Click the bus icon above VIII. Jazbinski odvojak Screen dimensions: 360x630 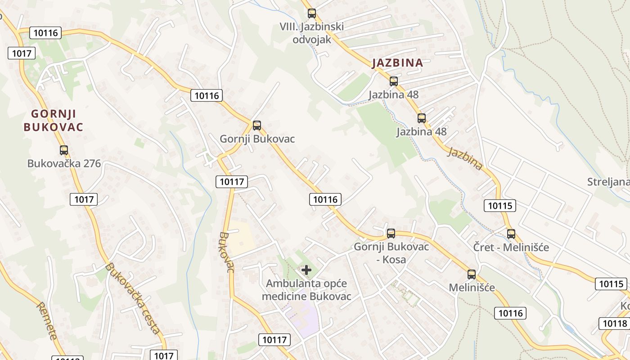pyautogui.click(x=311, y=13)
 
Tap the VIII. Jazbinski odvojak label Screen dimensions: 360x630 pyautogui.click(x=311, y=33)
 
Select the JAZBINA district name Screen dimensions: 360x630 pyautogui.click(x=398, y=63)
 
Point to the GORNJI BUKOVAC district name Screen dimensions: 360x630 pyautogui.click(x=53, y=120)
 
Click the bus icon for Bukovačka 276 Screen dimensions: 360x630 pyautogui.click(x=64, y=150)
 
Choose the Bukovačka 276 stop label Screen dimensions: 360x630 pyautogui.click(x=64, y=163)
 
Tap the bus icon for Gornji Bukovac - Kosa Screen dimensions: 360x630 pyautogui.click(x=391, y=234)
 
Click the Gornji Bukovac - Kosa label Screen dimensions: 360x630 pyautogui.click(x=391, y=253)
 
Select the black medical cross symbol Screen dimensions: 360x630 pyautogui.click(x=306, y=270)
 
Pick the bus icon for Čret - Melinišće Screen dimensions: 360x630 pyautogui.click(x=511, y=234)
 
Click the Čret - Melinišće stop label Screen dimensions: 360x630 pyautogui.click(x=511, y=247)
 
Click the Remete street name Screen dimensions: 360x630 pyautogui.click(x=47, y=320)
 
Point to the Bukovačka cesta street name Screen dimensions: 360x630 pyautogui.click(x=133, y=298)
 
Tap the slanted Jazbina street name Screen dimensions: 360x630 pyautogui.click(x=465, y=158)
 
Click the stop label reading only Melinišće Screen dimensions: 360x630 pyautogui.click(x=472, y=288)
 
